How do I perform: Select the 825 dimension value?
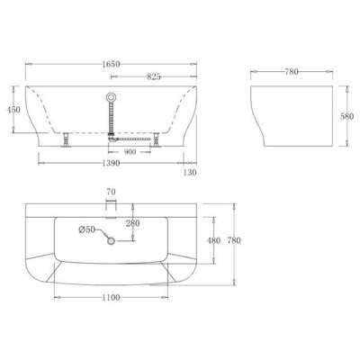coord(153,76)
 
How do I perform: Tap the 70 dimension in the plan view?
coord(111,193)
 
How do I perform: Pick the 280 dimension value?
coord(132,222)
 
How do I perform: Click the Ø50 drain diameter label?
coord(86,231)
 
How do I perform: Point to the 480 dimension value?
coord(213,240)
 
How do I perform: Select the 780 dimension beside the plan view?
coord(235,240)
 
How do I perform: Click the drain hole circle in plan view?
coord(111,239)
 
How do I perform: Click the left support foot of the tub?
coord(66,139)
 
